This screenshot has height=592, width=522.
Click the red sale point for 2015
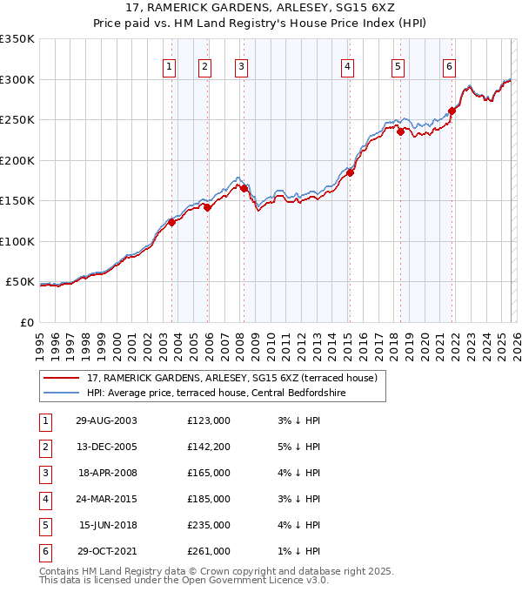click(350, 172)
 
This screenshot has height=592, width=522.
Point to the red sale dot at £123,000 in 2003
click(172, 222)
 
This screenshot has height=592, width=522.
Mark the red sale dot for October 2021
click(452, 111)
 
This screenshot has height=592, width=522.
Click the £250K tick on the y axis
click(17, 120)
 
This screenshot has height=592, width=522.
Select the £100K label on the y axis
click(17, 241)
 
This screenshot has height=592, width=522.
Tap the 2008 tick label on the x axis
click(240, 345)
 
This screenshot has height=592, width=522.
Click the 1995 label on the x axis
click(40, 345)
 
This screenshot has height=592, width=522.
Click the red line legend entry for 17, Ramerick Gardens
click(231, 378)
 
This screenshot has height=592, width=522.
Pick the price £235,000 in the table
click(208, 525)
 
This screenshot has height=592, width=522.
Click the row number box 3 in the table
click(45, 474)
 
